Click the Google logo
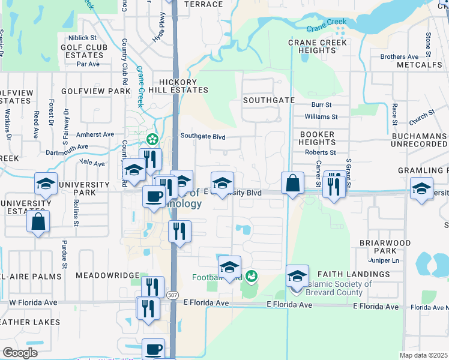coord(20,353)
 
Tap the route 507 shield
coord(173,295)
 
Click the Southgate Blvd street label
coord(203,137)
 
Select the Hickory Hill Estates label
coord(183,86)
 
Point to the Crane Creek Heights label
coord(318,47)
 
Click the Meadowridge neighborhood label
coord(100,275)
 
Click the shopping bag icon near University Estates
coord(38,221)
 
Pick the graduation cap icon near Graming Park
coord(421,187)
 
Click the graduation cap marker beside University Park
coord(46,184)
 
